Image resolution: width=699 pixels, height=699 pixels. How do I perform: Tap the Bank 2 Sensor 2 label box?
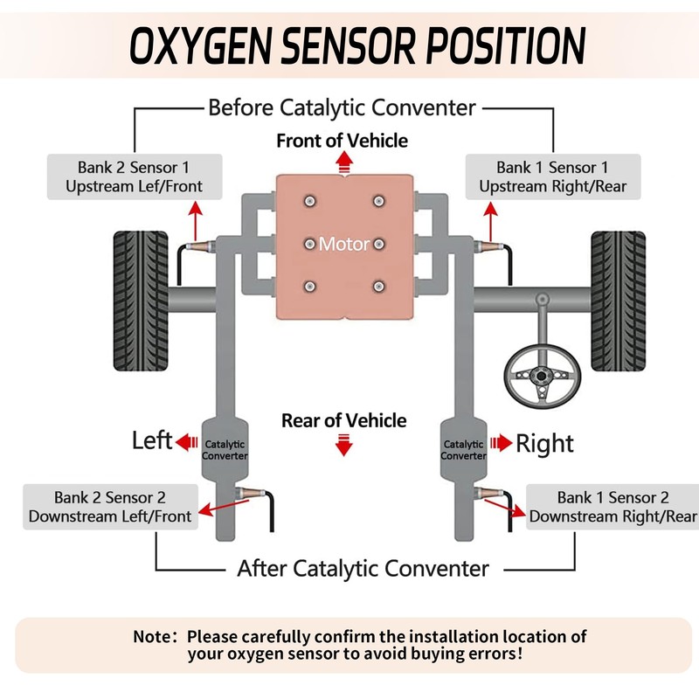[110, 507]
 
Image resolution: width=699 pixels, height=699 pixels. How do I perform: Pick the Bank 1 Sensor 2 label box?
[612, 507]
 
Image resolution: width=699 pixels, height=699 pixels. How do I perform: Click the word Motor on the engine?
[343, 244]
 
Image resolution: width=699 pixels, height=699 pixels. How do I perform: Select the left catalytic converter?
[225, 447]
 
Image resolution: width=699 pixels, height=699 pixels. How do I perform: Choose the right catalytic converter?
[464, 447]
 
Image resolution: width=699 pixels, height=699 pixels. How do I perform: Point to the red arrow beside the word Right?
[502, 443]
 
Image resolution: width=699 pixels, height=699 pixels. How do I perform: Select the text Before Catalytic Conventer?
[342, 108]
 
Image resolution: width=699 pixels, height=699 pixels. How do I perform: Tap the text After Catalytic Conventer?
[363, 569]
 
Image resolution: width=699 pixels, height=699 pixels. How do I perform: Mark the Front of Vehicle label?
[343, 140]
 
